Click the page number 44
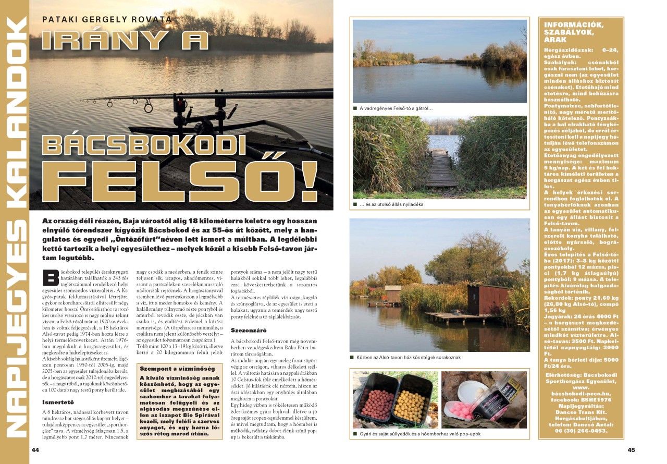click(35, 450)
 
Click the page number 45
click(631, 450)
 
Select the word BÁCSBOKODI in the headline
click(144, 144)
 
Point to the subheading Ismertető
click(58, 402)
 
